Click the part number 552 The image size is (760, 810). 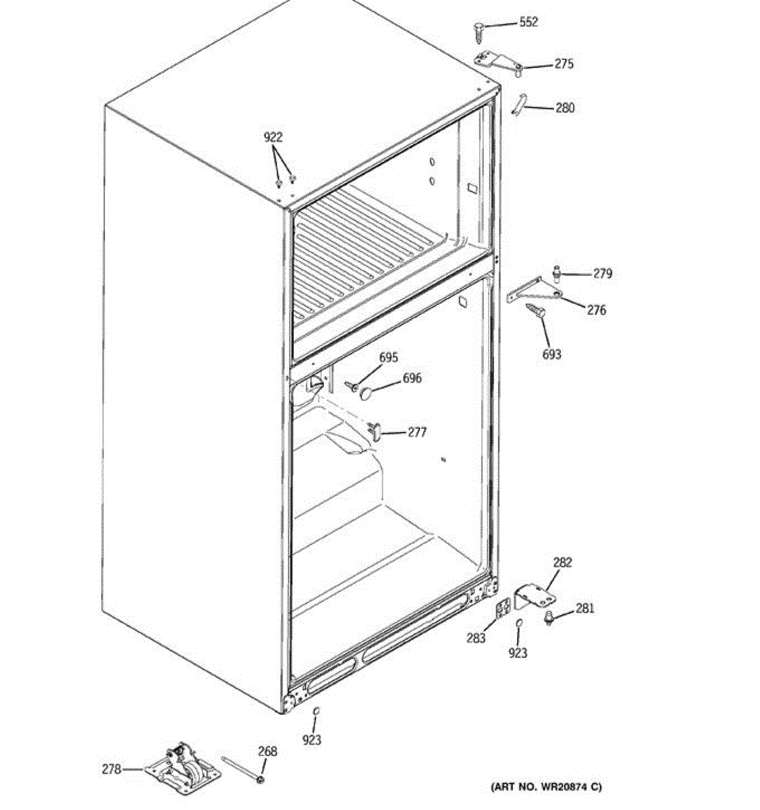tap(528, 22)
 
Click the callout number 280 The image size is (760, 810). tap(565, 107)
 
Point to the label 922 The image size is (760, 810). tap(273, 137)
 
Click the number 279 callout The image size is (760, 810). tap(603, 273)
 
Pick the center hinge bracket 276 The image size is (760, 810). tap(534, 290)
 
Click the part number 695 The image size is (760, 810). tap(388, 358)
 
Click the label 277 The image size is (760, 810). tap(417, 432)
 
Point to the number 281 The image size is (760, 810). tap(585, 608)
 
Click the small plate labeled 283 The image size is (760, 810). tap(501, 608)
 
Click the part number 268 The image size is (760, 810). tap(267, 751)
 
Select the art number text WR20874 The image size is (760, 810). tap(546, 786)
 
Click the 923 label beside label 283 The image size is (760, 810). tap(518, 653)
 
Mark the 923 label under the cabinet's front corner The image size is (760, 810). tap(312, 740)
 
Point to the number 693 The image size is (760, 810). tap(551, 354)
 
